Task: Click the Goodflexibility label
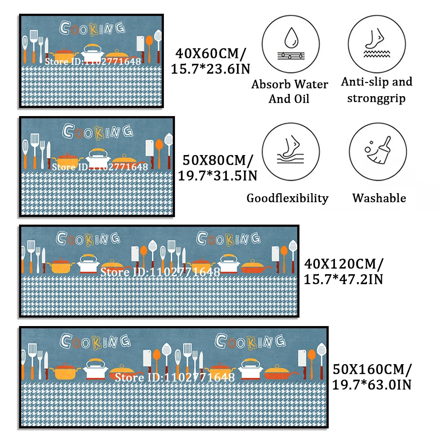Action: (x=288, y=198)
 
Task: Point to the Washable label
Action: (x=379, y=198)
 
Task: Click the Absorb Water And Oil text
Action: (x=290, y=91)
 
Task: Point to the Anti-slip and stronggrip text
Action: (x=377, y=89)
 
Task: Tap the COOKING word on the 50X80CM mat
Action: (x=97, y=131)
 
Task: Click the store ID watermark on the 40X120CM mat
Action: (x=160, y=272)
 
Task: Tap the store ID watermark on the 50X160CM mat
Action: (x=175, y=377)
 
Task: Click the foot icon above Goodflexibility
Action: (x=290, y=151)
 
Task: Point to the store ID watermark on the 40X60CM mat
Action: (x=93, y=61)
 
